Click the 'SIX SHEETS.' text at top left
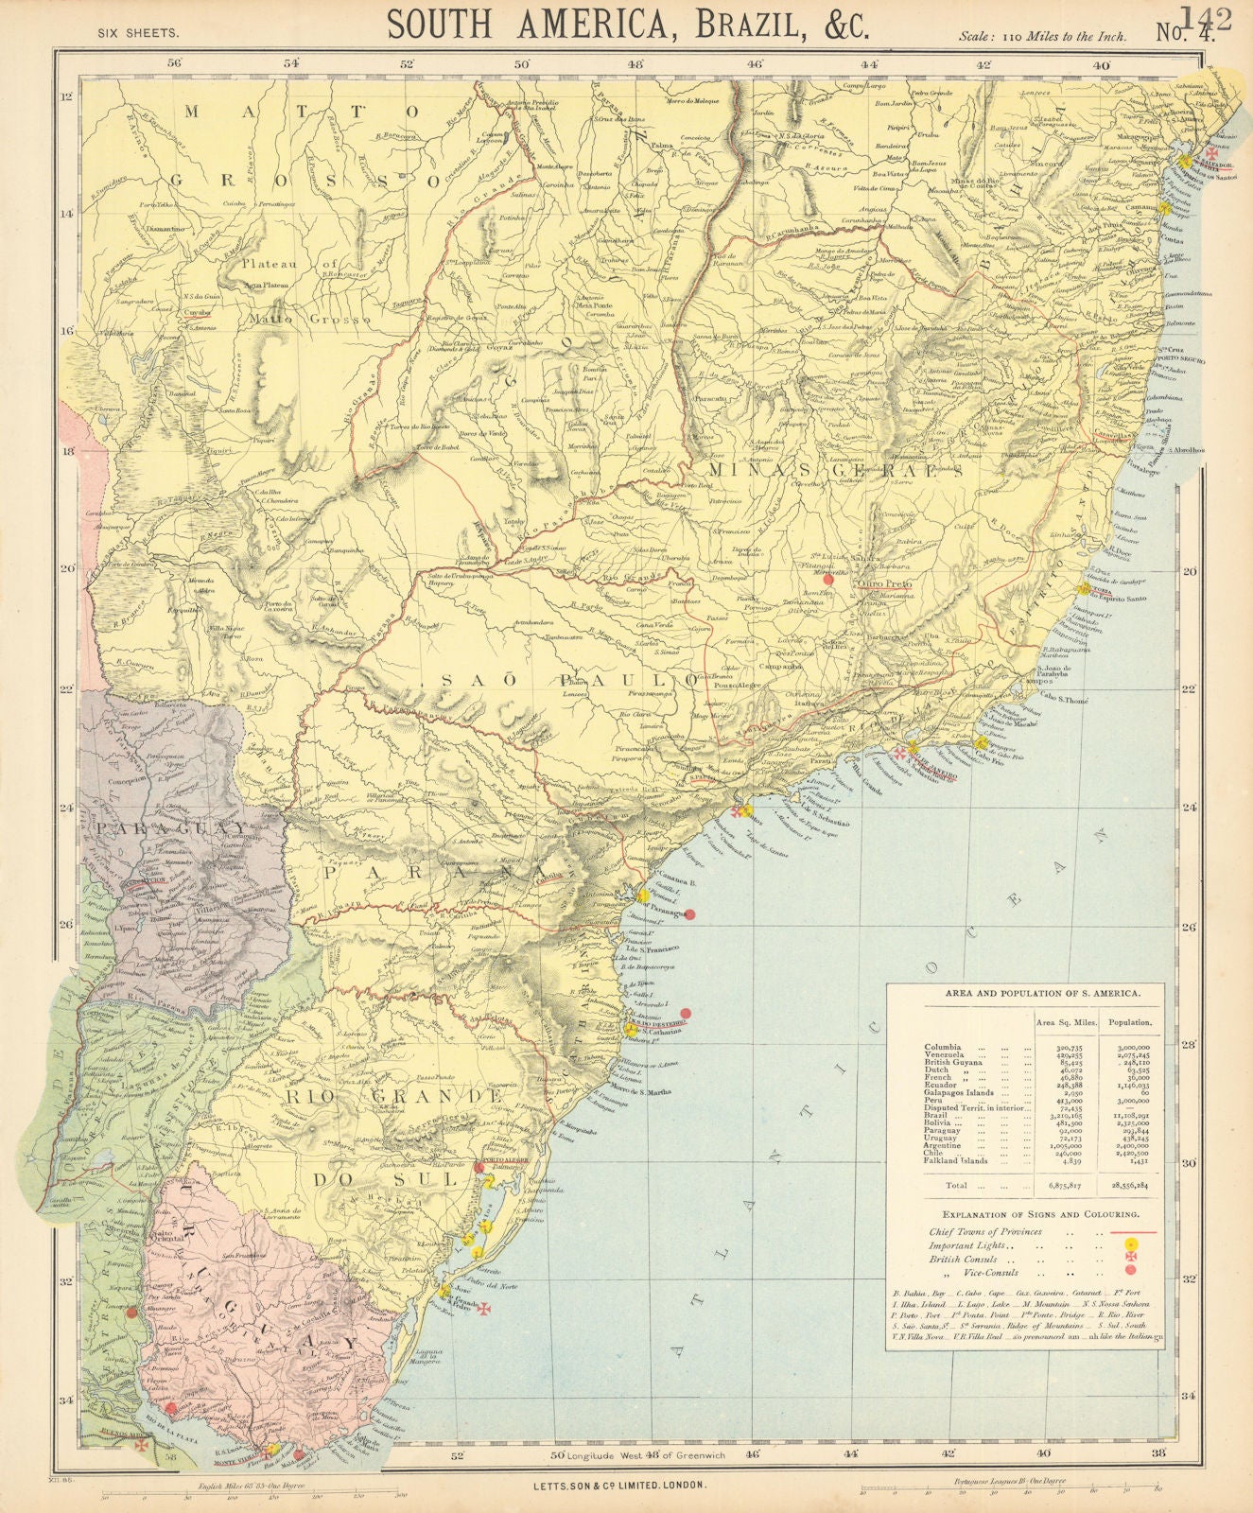tap(139, 32)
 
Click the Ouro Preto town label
tap(884, 584)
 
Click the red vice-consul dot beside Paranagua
tap(690, 913)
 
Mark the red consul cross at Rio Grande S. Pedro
tap(484, 1309)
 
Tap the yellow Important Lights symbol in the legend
tap(1131, 1245)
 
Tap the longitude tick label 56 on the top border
tap(174, 64)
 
